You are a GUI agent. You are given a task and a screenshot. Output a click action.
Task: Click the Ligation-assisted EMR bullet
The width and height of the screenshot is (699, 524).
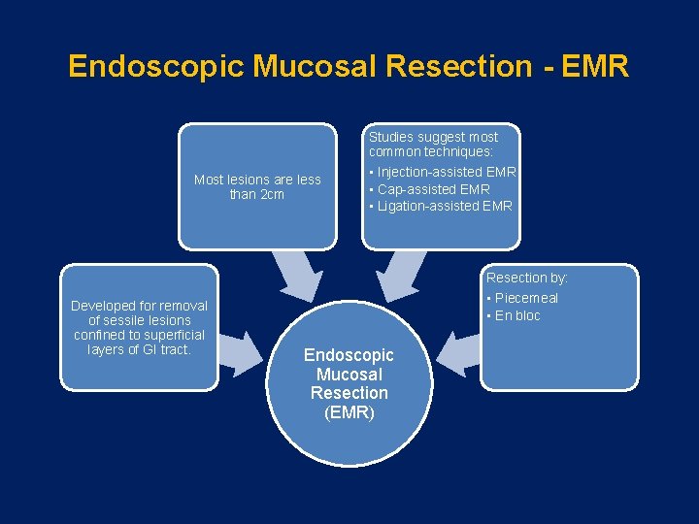[441, 206]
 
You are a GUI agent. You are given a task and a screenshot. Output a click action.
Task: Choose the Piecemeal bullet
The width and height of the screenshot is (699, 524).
[525, 298]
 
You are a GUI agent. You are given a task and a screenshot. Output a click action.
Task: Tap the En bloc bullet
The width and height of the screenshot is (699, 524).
[516, 315]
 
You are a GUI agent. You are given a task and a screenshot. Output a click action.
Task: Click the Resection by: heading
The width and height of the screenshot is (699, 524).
[527, 278]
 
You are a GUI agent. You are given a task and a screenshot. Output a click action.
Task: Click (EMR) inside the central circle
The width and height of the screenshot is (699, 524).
[349, 413]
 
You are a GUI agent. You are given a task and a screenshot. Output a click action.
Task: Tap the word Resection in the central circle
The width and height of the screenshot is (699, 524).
[349, 393]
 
